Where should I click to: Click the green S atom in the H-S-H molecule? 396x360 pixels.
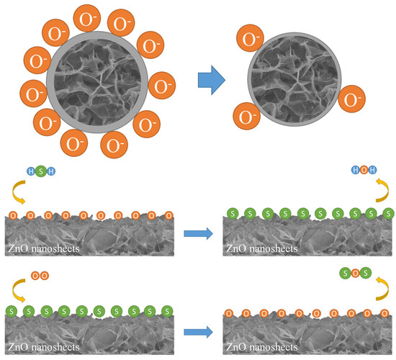[40, 171]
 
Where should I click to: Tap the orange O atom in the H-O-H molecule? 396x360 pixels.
[362, 171]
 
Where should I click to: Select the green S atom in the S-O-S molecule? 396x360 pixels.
[347, 274]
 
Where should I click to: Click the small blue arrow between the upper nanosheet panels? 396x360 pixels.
[198, 233]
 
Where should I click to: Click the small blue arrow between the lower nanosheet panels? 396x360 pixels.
[198, 333]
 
